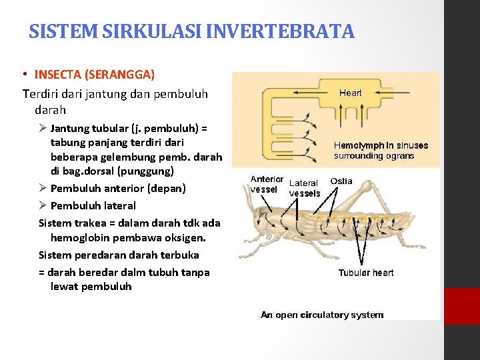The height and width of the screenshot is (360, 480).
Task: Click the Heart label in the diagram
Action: click(351, 93)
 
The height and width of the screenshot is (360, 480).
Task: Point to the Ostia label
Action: click(341, 181)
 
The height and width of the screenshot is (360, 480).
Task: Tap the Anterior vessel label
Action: click(266, 184)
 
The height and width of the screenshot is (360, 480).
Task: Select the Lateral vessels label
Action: click(304, 188)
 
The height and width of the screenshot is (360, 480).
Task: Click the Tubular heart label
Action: click(365, 273)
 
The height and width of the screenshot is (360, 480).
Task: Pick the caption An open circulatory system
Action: click(321, 315)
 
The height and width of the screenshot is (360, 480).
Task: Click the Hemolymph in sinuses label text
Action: click(381, 151)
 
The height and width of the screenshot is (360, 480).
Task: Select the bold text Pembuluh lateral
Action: click(93, 206)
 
